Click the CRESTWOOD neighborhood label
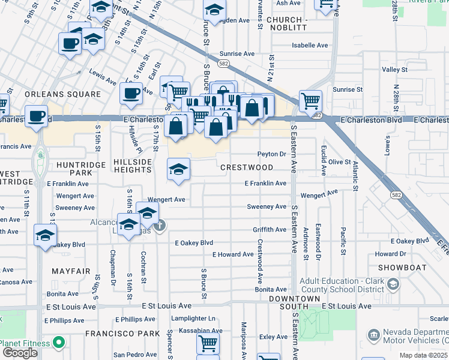point(247,168)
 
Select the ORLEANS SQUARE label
point(62,94)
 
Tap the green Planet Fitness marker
point(59,343)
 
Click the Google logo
point(20,353)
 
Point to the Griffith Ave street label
point(270,230)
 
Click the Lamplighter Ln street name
point(193,319)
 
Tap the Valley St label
point(395,70)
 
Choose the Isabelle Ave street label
point(310,45)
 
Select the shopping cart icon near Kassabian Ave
point(208,343)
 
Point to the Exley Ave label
point(273,337)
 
